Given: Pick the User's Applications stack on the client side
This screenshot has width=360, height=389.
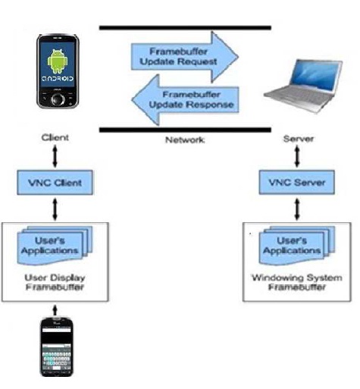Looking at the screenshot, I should [x=57, y=243].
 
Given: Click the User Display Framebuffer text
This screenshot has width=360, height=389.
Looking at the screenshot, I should [x=58, y=283].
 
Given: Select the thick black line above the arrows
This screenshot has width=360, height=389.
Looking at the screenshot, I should [x=185, y=28].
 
